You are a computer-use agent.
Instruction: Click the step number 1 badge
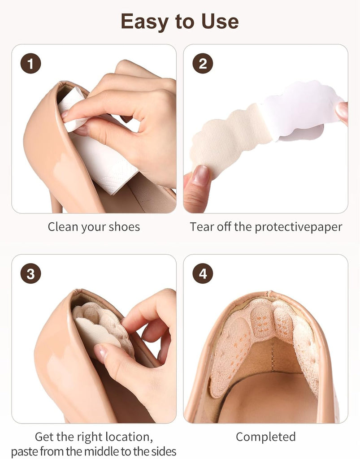(30, 64)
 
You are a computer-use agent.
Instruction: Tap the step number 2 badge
(203, 64)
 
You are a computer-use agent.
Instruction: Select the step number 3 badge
(30, 274)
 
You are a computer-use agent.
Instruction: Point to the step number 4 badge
(203, 274)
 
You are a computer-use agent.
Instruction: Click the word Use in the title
(220, 22)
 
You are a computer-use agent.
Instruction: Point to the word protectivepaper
(298, 227)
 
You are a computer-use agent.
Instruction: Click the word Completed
(266, 437)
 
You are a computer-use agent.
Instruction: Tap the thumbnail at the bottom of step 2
(201, 174)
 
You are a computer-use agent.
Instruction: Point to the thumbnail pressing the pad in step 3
(101, 352)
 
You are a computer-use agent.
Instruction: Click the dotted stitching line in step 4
(273, 355)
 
